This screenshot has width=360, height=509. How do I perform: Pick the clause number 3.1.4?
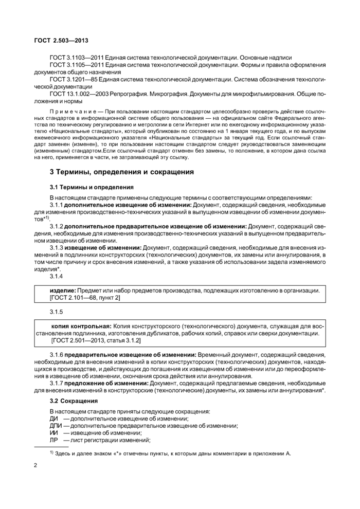coord(56,277)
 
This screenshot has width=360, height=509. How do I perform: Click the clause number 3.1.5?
coord(56,312)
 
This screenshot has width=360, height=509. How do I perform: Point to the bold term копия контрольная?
coord(81,326)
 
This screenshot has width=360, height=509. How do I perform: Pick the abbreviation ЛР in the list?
coord(53,440)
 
